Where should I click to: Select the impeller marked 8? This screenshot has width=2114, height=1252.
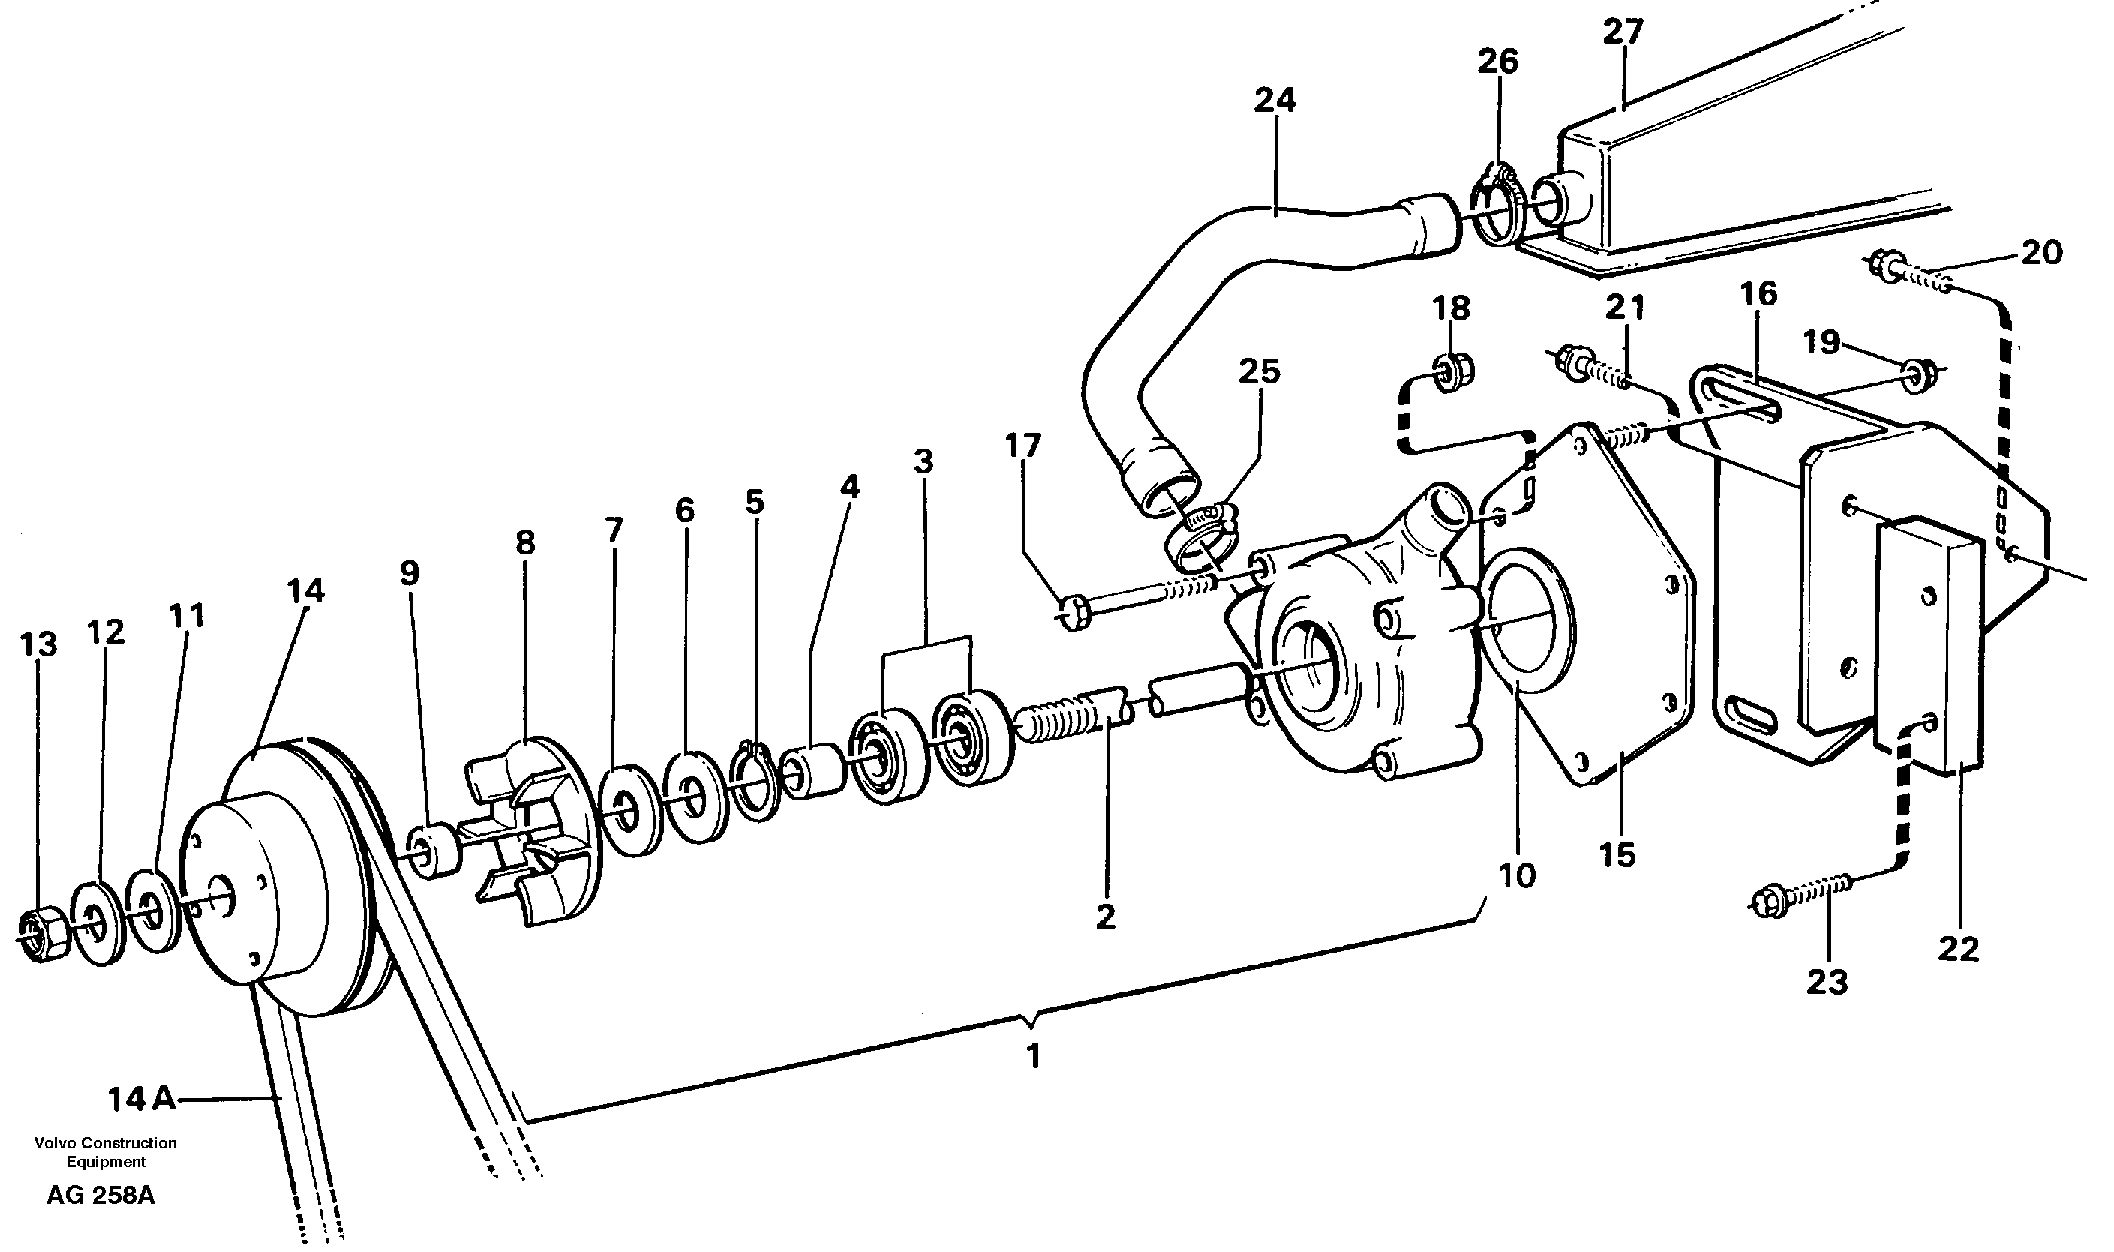[x=536, y=831]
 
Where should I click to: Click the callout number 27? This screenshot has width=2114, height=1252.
[x=1622, y=32]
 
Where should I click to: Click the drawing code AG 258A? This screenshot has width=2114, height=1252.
[x=101, y=1196]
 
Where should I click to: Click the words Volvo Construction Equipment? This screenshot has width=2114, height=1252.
[x=106, y=1152]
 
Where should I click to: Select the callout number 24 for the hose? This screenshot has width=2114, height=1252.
[x=1274, y=100]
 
